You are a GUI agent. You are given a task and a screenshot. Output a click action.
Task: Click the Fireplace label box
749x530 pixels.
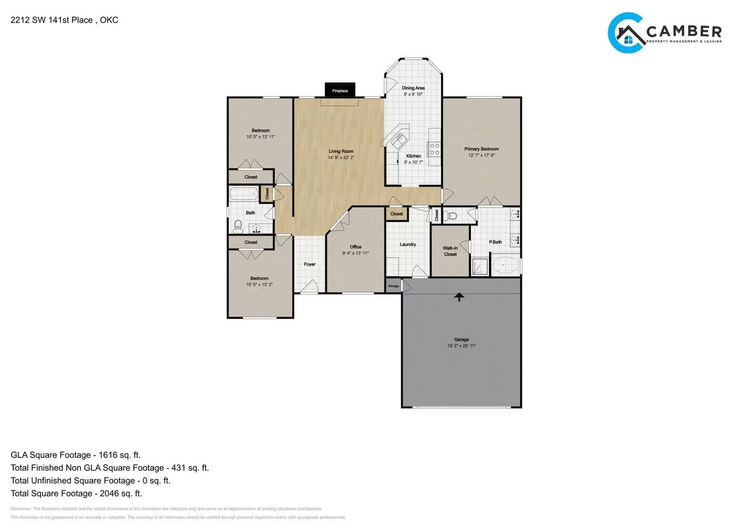click(340, 90)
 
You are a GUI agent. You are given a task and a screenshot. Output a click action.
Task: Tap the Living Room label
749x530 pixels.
click(341, 152)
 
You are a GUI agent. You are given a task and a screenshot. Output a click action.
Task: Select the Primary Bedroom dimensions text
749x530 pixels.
click(481, 155)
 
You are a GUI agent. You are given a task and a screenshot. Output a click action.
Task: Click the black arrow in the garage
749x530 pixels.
click(459, 296)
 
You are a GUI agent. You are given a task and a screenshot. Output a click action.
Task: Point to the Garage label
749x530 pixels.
click(461, 339)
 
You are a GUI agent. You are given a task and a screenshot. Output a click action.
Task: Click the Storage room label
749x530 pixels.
click(393, 286)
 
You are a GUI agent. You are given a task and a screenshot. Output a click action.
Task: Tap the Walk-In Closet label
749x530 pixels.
click(450, 251)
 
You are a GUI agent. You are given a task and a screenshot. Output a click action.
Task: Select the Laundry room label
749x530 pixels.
click(408, 244)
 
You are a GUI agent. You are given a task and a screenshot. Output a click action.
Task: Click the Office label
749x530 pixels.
click(356, 247)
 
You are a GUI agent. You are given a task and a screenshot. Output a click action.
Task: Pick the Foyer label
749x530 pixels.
click(310, 265)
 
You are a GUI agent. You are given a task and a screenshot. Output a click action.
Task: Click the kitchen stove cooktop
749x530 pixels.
click(434, 149)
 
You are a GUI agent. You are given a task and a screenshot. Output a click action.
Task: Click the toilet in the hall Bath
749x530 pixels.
click(238, 226)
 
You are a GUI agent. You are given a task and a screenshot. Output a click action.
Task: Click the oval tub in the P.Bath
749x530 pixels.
click(505, 265)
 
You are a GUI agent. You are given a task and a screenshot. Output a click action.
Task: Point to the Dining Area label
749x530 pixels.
click(413, 88)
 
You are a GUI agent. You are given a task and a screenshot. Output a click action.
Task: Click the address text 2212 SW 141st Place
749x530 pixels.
click(52, 20)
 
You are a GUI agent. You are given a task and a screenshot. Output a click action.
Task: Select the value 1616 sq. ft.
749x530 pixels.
click(119, 455)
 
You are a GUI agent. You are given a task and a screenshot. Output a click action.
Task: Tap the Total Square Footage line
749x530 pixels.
click(76, 493)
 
